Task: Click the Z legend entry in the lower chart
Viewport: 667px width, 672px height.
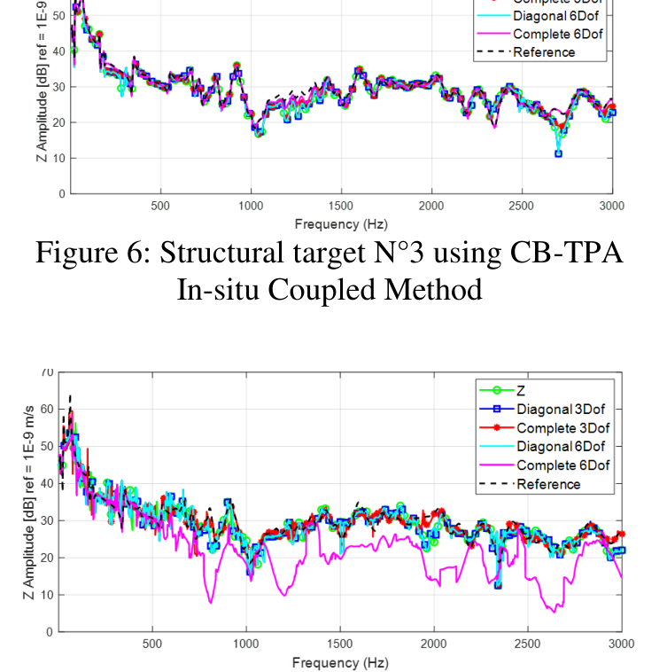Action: point(522,389)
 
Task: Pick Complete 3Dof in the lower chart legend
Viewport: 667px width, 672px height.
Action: point(562,427)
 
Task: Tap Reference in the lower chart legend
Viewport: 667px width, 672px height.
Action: point(548,484)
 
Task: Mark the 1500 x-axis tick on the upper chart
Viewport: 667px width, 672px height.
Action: point(340,206)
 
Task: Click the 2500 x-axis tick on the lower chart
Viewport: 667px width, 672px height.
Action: point(528,644)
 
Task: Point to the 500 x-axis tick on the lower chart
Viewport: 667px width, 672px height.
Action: point(152,644)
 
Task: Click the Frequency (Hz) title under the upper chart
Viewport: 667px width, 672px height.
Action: point(341,224)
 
